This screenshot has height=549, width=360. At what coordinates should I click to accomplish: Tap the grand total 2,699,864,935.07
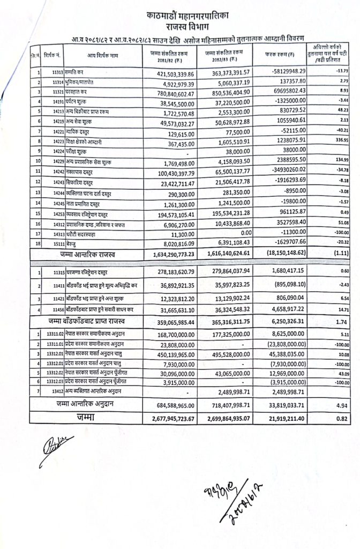[235, 418]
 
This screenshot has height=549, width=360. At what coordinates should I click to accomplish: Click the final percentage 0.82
[337, 418]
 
